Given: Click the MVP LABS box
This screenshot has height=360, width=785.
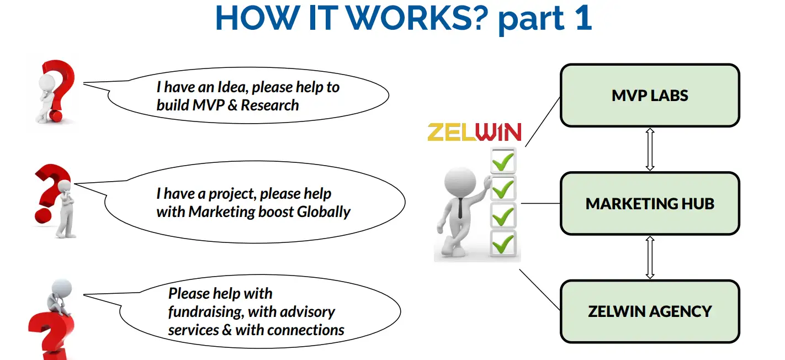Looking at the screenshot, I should tap(650, 96).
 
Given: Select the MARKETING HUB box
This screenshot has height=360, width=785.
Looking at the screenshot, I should tap(650, 204).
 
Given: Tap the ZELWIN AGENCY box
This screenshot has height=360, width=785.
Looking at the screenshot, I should tap(650, 311).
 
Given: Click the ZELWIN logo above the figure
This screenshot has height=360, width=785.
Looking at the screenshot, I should tap(474, 133).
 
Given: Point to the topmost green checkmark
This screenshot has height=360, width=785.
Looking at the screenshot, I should tap(503, 161).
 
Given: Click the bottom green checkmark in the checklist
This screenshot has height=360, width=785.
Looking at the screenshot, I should tap(503, 243).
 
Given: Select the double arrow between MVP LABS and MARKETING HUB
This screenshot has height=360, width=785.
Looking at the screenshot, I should tap(650, 150).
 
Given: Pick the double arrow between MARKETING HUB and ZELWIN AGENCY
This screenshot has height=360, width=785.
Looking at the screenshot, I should tap(650, 257).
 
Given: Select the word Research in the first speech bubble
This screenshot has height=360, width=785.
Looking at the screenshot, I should tap(270, 105).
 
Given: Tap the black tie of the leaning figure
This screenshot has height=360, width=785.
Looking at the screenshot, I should tap(460, 207).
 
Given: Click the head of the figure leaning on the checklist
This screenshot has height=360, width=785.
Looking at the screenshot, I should tap(460, 180).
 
